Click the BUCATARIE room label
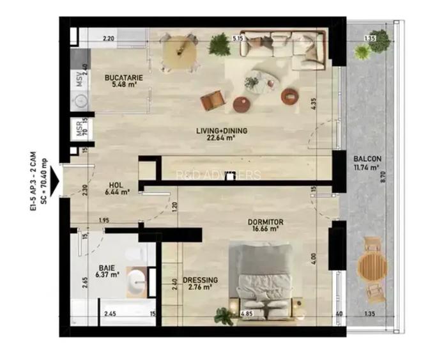(124, 78)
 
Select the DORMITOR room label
(266, 223)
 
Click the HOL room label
(116, 182)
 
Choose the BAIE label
(106, 269)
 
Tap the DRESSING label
(200, 280)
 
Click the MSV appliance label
(80, 79)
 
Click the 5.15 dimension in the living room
(239, 39)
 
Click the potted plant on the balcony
(378, 41)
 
